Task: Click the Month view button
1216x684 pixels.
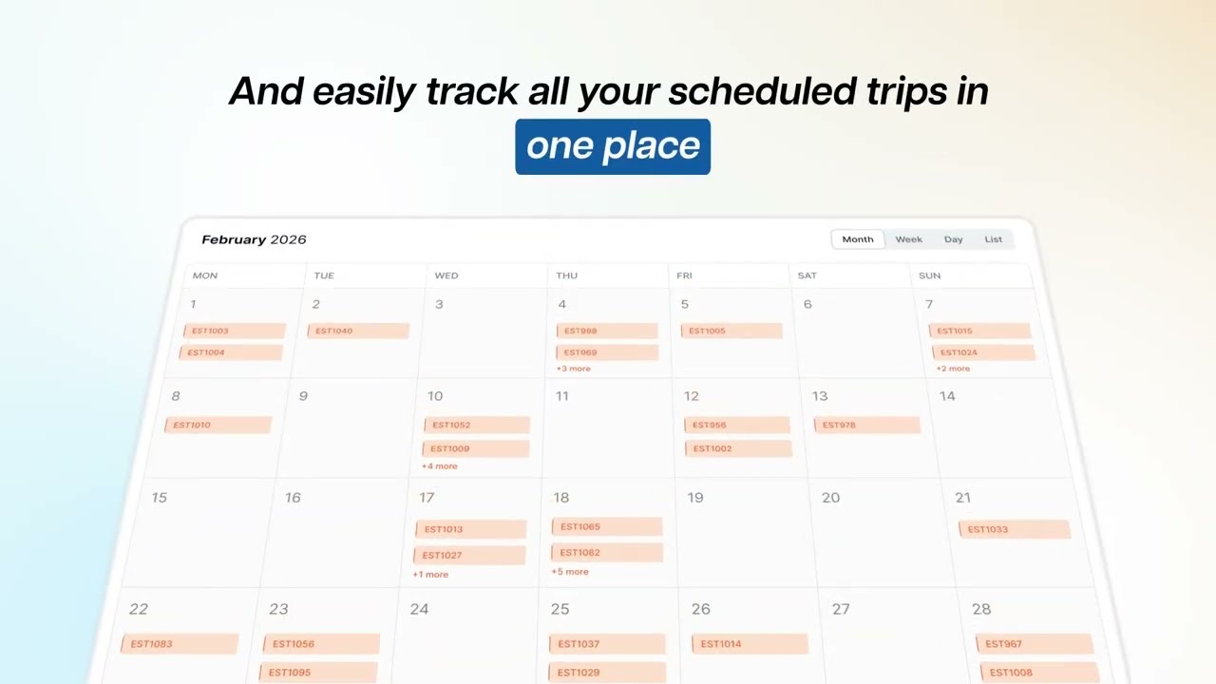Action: [857, 239]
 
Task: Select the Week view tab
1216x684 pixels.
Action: [908, 239]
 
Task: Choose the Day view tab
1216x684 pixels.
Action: [953, 239]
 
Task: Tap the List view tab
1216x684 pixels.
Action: [993, 239]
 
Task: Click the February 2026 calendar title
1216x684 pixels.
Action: [254, 239]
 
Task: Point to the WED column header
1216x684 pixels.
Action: [446, 275]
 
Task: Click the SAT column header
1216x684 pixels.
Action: [807, 275]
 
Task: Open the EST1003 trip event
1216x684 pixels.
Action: [234, 331]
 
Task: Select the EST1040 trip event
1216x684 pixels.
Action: [357, 331]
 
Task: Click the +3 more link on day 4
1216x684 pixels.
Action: [573, 369]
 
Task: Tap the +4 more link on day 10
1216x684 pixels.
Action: [439, 466]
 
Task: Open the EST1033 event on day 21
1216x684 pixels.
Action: [1014, 529]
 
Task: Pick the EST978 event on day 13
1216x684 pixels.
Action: [865, 425]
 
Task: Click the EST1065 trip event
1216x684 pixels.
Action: [606, 526]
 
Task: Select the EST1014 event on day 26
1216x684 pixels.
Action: [750, 643]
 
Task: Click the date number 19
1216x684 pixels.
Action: [695, 498]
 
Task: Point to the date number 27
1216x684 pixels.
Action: [840, 609]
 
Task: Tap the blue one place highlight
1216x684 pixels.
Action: [613, 146]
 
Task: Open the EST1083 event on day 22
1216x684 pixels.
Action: [179, 643]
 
